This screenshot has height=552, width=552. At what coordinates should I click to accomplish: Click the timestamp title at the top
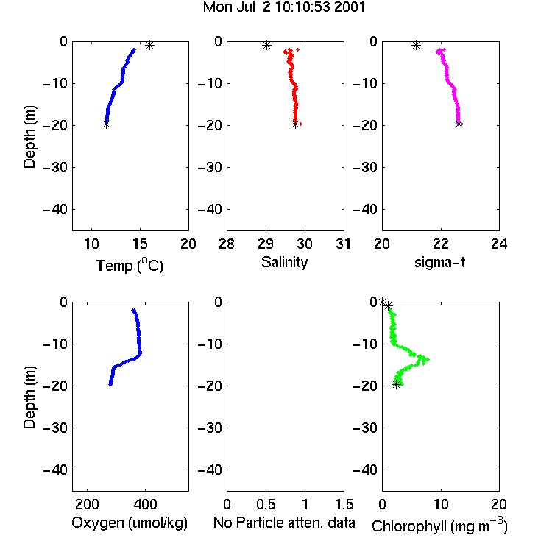click(284, 7)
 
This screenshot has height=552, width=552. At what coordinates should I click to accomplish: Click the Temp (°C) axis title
click(130, 265)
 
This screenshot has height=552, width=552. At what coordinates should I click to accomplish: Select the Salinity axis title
click(284, 262)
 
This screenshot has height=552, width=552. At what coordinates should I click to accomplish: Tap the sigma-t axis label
click(439, 262)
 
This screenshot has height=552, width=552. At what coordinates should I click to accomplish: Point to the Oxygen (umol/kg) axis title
click(130, 523)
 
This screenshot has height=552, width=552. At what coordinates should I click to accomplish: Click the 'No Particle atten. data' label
click(284, 523)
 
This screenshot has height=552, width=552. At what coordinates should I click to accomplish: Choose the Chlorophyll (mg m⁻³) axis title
click(439, 526)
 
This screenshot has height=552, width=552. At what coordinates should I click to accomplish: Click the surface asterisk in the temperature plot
click(150, 45)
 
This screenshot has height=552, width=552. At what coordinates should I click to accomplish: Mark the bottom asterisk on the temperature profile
click(106, 124)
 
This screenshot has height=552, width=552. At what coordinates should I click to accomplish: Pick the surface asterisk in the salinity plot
click(266, 45)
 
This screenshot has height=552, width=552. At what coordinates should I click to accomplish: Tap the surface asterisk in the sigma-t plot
click(416, 45)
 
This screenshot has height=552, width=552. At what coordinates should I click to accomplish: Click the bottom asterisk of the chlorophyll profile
click(397, 384)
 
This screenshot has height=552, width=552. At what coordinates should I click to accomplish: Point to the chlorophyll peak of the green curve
click(427, 359)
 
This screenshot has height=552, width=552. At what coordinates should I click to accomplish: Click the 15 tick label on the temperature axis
click(140, 244)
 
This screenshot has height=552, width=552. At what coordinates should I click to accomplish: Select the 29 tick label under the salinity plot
click(266, 244)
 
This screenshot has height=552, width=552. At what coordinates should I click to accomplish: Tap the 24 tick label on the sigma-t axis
click(499, 244)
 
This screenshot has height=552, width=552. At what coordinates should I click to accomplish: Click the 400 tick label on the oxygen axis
click(146, 504)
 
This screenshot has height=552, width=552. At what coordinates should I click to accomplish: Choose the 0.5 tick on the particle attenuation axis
click(266, 504)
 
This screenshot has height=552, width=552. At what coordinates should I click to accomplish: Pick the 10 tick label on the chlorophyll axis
click(441, 504)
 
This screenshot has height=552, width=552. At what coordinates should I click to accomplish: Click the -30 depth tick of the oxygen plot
click(55, 428)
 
